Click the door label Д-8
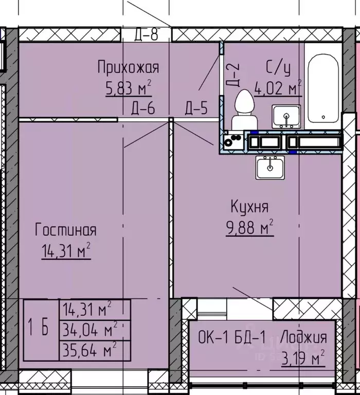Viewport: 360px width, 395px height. click(146, 35)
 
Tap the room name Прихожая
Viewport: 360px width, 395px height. click(129, 67)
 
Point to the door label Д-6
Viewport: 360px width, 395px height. click(143, 109)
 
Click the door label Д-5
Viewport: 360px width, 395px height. click(196, 109)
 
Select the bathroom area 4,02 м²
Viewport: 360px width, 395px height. click(278, 88)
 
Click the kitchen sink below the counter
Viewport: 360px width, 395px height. click(269, 167)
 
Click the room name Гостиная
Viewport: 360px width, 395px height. click(65, 230)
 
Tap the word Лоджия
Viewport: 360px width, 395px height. click(305, 338)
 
